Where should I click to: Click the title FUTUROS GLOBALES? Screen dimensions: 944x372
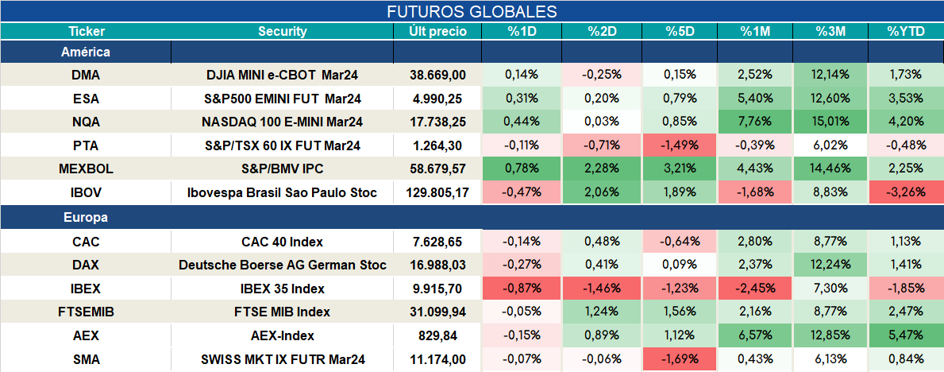[x=472, y=11]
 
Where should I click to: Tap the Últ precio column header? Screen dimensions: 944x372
[x=437, y=32]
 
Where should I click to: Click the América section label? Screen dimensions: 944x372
[x=86, y=52]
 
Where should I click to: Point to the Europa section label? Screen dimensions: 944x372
[x=86, y=218]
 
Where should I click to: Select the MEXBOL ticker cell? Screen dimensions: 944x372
[x=86, y=169]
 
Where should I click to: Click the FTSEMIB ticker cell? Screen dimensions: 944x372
[x=86, y=312]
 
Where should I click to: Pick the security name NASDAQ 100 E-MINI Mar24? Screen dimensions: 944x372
[x=283, y=122]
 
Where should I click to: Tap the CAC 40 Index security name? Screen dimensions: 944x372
[x=283, y=242]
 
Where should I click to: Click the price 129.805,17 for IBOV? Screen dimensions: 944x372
[x=437, y=193]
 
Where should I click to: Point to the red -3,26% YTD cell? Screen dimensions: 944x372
[x=906, y=193]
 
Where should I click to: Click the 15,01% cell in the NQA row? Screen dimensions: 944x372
[x=830, y=122]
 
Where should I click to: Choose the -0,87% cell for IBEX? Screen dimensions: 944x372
[x=522, y=289]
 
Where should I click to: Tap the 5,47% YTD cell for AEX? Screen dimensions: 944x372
[x=906, y=335]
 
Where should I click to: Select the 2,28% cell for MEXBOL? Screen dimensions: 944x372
[x=602, y=169]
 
